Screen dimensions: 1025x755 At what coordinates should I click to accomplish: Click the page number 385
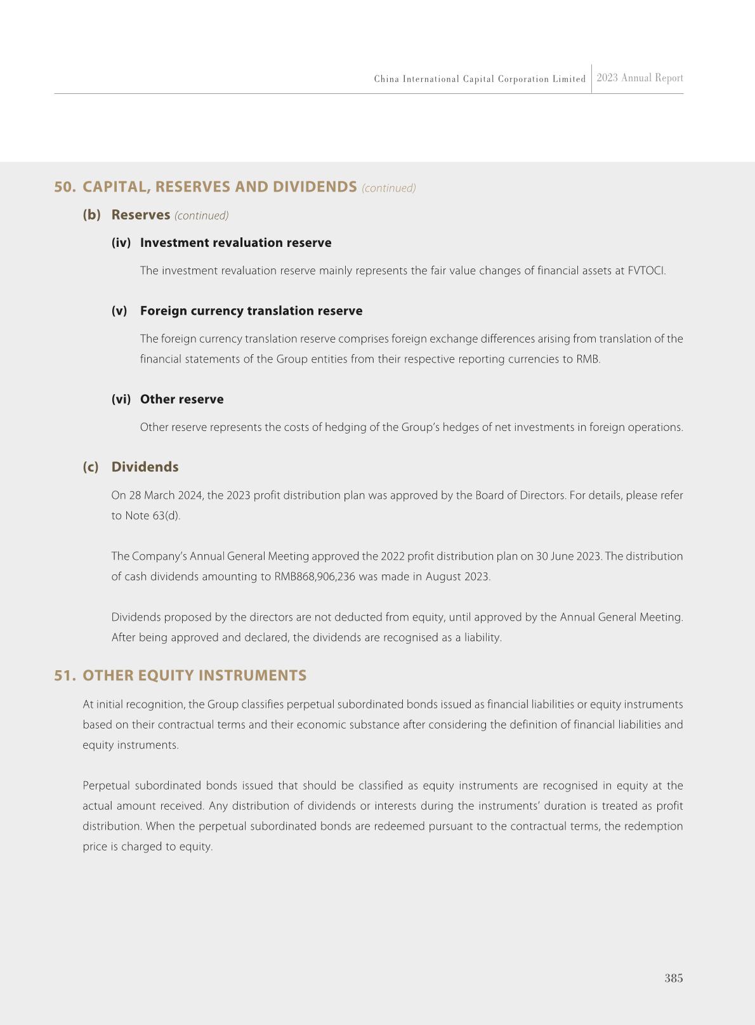tap(673, 978)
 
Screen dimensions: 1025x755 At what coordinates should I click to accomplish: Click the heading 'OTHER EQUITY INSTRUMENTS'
tap(194, 675)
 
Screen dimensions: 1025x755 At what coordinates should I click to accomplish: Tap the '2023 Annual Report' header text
tap(640, 78)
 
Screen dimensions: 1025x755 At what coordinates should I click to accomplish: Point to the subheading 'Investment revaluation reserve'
tap(235, 243)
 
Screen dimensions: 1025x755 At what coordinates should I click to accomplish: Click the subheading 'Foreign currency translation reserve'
tap(251, 311)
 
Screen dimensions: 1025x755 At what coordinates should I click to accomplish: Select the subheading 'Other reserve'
tap(181, 399)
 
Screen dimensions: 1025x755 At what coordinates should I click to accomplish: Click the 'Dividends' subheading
tap(145, 467)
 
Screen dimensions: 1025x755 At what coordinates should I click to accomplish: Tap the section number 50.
tap(64, 187)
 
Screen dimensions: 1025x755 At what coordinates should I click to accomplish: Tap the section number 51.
tap(64, 675)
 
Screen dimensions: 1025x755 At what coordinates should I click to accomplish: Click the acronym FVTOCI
tap(645, 271)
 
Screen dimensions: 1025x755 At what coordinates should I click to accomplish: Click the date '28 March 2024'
tap(167, 496)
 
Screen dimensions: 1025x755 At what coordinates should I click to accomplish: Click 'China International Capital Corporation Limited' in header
tap(480, 79)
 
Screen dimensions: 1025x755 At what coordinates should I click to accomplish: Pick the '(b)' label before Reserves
tap(91, 215)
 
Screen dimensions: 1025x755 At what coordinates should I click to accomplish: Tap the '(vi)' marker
tap(121, 399)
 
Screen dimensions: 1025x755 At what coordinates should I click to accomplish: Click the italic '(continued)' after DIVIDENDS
tap(389, 188)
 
